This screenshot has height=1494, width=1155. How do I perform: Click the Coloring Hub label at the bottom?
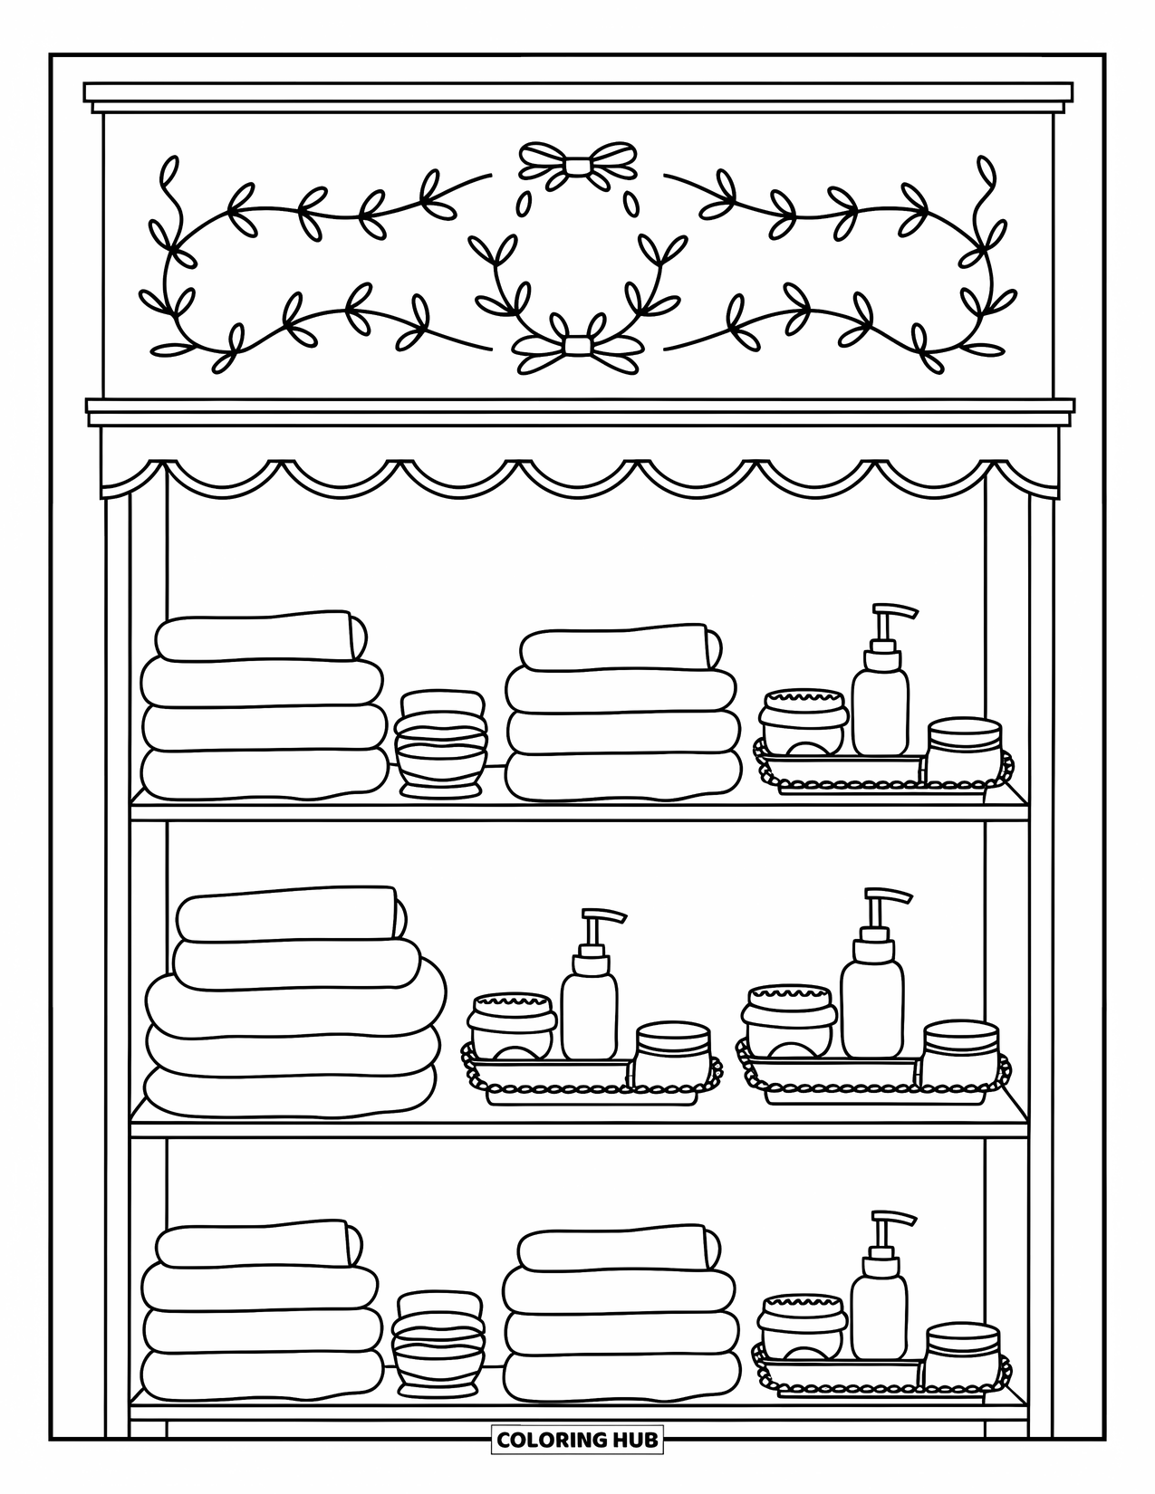pos(577,1439)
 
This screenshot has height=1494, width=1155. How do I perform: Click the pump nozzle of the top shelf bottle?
pos(892,610)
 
